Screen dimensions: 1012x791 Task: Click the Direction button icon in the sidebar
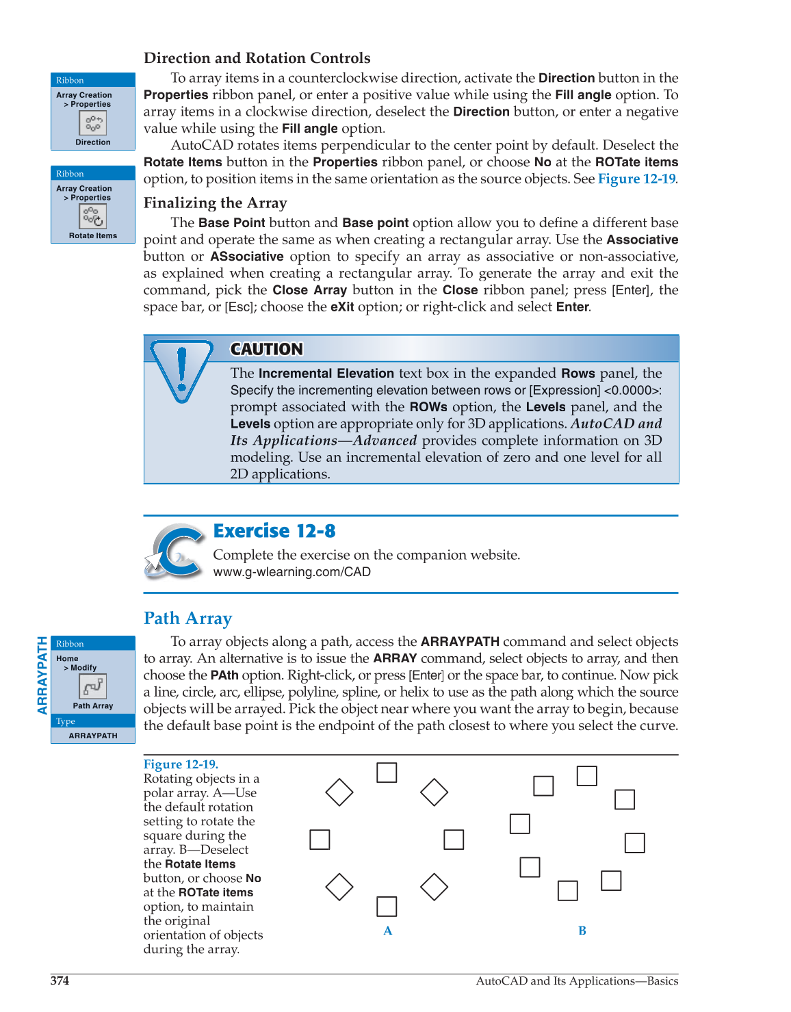coord(93,123)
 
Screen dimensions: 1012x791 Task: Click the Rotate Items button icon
coord(93,216)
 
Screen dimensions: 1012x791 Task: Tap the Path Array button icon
coord(93,686)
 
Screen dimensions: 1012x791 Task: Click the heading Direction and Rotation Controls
coord(257,58)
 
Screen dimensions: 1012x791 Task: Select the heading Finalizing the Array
coord(215,203)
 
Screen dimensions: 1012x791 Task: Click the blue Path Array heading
coord(187,619)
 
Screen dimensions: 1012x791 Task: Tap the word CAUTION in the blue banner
coord(266,350)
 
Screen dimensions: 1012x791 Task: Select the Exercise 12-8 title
coord(274,531)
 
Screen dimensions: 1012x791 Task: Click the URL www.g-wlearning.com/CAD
coord(291,572)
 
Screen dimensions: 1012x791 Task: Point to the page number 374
coord(60,981)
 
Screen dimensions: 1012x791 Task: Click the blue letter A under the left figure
coord(388,931)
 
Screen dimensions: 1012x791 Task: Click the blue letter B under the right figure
coord(582,931)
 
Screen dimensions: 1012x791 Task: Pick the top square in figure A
coord(387,773)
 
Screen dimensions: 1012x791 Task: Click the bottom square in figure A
coord(387,907)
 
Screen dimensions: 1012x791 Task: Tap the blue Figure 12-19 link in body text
coord(636,179)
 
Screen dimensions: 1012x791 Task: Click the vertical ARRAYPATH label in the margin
coord(42,675)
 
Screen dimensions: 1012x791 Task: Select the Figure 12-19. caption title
coord(181,764)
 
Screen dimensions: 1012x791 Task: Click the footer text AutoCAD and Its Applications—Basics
coord(577,981)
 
